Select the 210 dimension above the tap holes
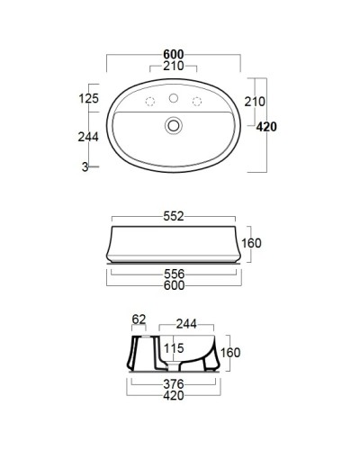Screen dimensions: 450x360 (x=174, y=67)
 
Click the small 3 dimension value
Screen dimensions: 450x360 (x=83, y=168)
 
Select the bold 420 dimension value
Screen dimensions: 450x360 (x=265, y=127)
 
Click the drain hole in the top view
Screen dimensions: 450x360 (x=174, y=128)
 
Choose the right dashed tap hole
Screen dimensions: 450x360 (x=196, y=100)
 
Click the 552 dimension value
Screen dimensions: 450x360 (x=174, y=217)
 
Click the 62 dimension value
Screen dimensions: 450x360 (x=139, y=318)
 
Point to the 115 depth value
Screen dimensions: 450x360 (x=174, y=347)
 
